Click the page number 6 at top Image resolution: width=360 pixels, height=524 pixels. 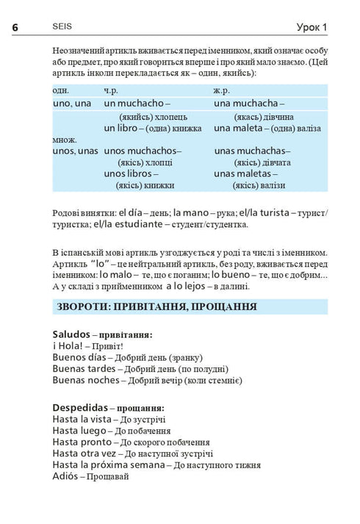15,26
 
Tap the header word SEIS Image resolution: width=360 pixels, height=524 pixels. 62,26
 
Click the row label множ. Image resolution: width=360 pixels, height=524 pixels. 65,140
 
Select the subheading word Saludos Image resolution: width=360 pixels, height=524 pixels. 71,334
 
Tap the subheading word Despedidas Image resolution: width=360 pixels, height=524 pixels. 80,406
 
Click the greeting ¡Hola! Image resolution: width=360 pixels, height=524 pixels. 66,345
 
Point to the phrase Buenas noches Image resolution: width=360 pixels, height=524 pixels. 85,380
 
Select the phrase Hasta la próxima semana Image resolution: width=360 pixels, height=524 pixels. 108,465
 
